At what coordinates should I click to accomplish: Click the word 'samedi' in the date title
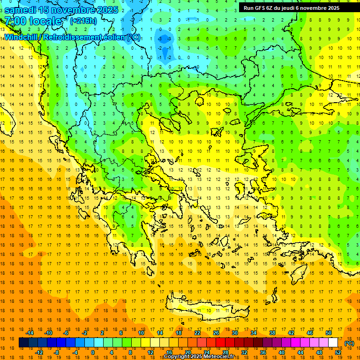[20, 10]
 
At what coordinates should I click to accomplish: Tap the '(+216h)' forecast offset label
[83, 21]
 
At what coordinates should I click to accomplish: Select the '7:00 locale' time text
[33, 21]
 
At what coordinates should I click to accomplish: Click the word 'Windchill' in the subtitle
[21, 37]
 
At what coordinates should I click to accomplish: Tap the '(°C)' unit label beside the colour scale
[349, 343]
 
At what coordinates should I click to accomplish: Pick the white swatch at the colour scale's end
[333, 343]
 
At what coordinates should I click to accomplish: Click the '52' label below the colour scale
[338, 352]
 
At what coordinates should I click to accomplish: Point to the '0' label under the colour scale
[92, 352]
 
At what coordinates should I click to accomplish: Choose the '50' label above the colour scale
[328, 333]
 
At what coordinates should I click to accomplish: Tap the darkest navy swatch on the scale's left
[24, 343]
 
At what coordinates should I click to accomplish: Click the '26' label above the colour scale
[216, 333]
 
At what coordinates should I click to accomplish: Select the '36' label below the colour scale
[263, 352]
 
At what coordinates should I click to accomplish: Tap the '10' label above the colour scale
[141, 333]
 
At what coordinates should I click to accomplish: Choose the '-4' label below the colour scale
[75, 352]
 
